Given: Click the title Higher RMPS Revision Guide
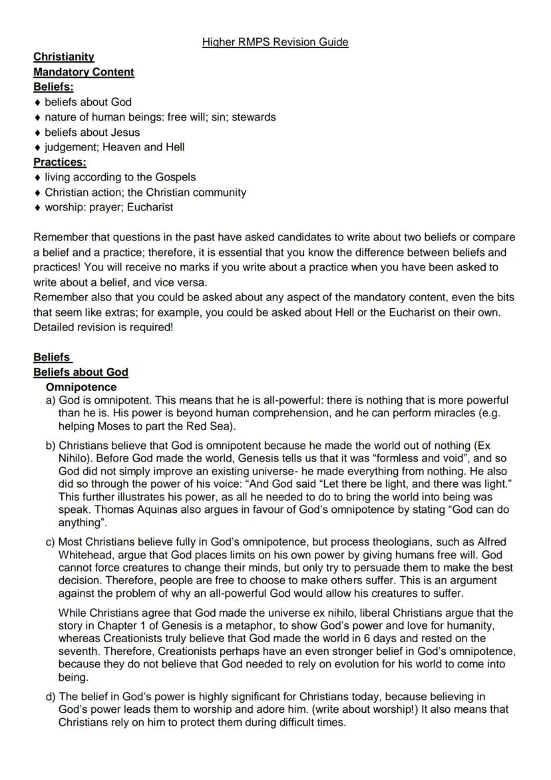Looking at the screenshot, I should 275,42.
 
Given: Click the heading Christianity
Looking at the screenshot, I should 64,57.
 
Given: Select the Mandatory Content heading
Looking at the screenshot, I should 84,72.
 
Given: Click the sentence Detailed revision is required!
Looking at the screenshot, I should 103,327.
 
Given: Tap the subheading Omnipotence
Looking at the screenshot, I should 81,387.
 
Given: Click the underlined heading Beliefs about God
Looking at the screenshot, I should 81,372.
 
